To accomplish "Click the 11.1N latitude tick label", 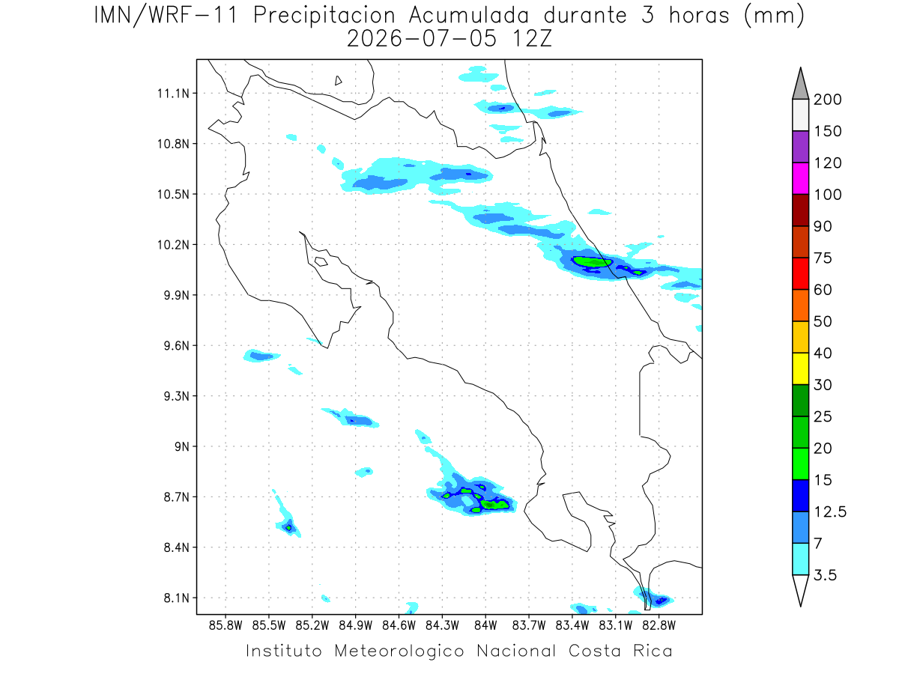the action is point(174,94).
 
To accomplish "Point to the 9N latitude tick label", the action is point(182,446).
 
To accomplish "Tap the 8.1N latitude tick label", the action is point(177,598).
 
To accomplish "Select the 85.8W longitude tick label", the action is point(225,626).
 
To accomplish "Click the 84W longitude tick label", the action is point(485,626).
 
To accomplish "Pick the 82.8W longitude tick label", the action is point(659,626).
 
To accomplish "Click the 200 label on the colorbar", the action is point(828,100).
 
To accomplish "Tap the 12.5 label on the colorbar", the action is point(830,512).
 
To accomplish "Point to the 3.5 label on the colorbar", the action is point(826,575).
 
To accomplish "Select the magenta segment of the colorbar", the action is point(801,178).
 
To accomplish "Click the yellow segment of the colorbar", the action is point(801,368).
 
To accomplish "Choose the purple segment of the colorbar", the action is point(801,147).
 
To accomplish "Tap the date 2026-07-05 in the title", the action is point(422,39).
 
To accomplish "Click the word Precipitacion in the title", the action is point(324,16).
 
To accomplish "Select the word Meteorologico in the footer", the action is point(399,651).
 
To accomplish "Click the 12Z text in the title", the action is point(532,39).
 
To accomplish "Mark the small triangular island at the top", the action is point(338,81).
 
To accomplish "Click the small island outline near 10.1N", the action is point(321,261).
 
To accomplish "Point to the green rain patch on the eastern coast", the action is point(593,261).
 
